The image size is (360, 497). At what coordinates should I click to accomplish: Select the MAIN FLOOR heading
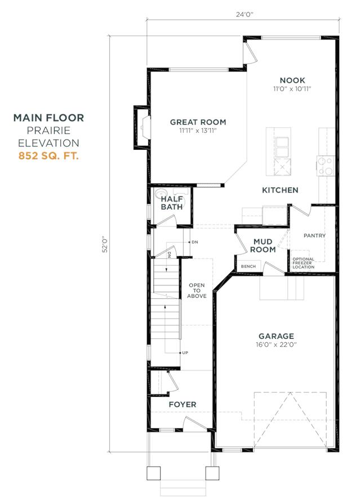click(x=49, y=118)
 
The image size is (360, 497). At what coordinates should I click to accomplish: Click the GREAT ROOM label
click(x=198, y=122)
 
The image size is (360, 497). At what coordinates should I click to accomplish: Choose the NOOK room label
click(x=292, y=80)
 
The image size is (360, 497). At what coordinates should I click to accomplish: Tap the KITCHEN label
click(x=280, y=190)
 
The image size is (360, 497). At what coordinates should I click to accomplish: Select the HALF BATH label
click(x=171, y=203)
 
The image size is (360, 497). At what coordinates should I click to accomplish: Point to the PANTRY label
click(x=314, y=235)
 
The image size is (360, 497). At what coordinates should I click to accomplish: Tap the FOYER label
click(x=182, y=405)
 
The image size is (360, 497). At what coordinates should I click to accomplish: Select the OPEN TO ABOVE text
click(x=197, y=290)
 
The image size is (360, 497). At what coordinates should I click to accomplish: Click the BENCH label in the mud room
click(x=247, y=266)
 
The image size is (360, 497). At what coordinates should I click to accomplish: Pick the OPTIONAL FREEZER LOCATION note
click(x=307, y=263)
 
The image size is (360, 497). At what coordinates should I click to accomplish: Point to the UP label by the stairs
click(x=184, y=352)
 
